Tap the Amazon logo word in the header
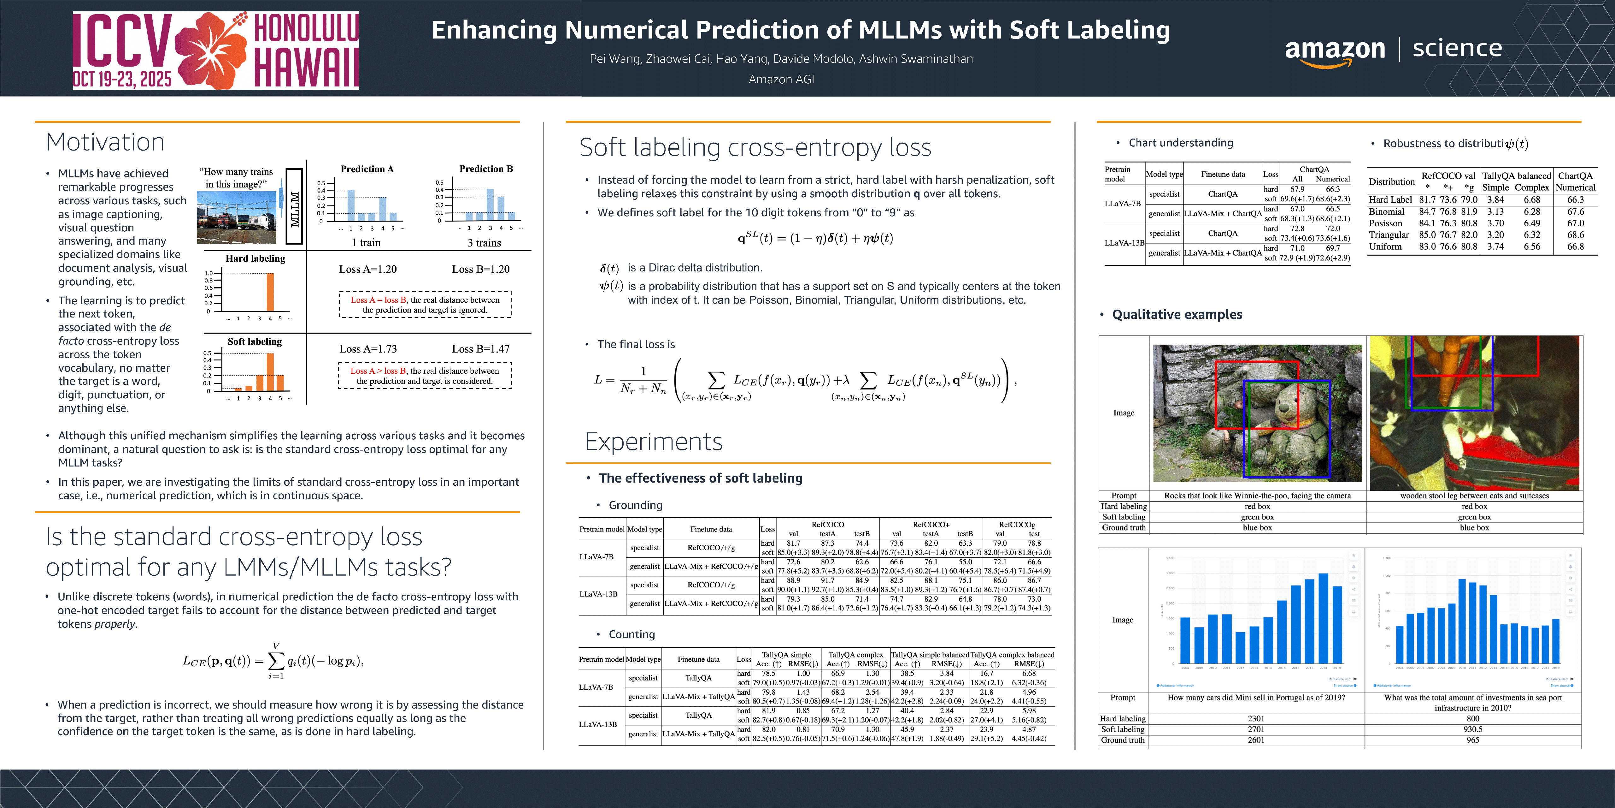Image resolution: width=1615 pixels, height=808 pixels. (1334, 49)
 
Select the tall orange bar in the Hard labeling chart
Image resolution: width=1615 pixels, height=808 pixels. (270, 292)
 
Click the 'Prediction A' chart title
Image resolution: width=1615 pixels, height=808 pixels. (367, 169)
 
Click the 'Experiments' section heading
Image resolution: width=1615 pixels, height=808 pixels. (653, 442)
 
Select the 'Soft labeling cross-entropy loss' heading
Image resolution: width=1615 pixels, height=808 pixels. (755, 147)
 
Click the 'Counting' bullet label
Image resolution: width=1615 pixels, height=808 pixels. (631, 634)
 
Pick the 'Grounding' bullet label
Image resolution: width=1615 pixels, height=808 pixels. (635, 505)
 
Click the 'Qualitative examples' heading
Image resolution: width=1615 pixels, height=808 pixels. (1177, 314)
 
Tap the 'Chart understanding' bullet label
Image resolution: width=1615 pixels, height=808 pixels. (1181, 142)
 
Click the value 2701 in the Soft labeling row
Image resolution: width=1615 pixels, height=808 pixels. (1256, 729)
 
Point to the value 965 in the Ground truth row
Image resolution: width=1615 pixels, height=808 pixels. (1473, 740)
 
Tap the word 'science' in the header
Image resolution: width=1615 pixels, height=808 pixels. (1457, 48)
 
